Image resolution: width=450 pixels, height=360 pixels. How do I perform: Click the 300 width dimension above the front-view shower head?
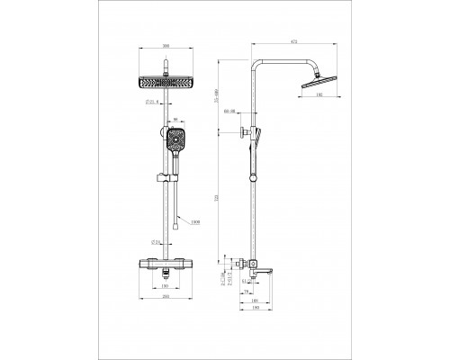click(x=165, y=45)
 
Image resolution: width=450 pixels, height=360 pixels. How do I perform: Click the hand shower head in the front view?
click(x=175, y=141)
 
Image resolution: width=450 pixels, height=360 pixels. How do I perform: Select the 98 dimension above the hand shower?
click(x=175, y=119)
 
